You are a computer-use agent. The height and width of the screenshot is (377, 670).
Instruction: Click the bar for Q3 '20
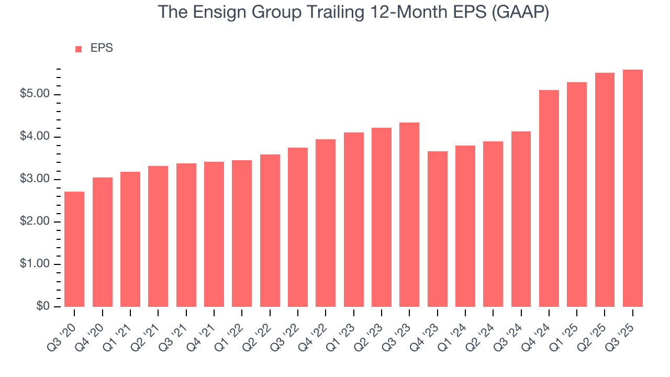coord(74,249)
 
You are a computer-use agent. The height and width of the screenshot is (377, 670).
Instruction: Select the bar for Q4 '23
coord(437,229)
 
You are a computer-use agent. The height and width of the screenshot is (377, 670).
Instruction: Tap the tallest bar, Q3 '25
coord(632,188)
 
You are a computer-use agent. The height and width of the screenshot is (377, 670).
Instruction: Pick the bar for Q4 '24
coord(549,198)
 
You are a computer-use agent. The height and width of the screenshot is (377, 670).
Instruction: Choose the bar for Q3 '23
coord(409,215)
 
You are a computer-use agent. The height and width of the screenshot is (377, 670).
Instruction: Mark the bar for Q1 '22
coord(242,234)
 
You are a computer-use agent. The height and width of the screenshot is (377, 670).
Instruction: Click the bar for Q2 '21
coord(158,236)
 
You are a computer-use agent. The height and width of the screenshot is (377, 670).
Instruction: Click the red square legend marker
coord(79,49)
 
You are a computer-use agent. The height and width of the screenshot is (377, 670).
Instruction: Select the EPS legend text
coord(102,48)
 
